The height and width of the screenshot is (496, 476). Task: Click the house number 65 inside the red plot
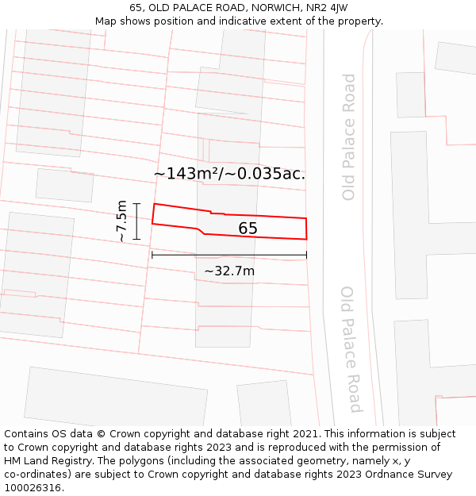248,229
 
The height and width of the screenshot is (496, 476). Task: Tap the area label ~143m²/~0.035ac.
229,174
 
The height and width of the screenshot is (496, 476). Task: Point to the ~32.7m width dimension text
229,271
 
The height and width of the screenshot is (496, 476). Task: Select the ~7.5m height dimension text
121,221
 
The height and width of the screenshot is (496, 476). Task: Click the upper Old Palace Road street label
349,136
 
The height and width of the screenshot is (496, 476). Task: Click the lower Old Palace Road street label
350,349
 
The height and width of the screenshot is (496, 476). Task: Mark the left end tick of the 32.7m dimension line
152,255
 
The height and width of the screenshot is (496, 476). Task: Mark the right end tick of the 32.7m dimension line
306,255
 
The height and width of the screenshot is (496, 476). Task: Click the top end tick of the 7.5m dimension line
136,204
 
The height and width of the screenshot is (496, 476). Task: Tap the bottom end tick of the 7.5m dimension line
136,239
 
